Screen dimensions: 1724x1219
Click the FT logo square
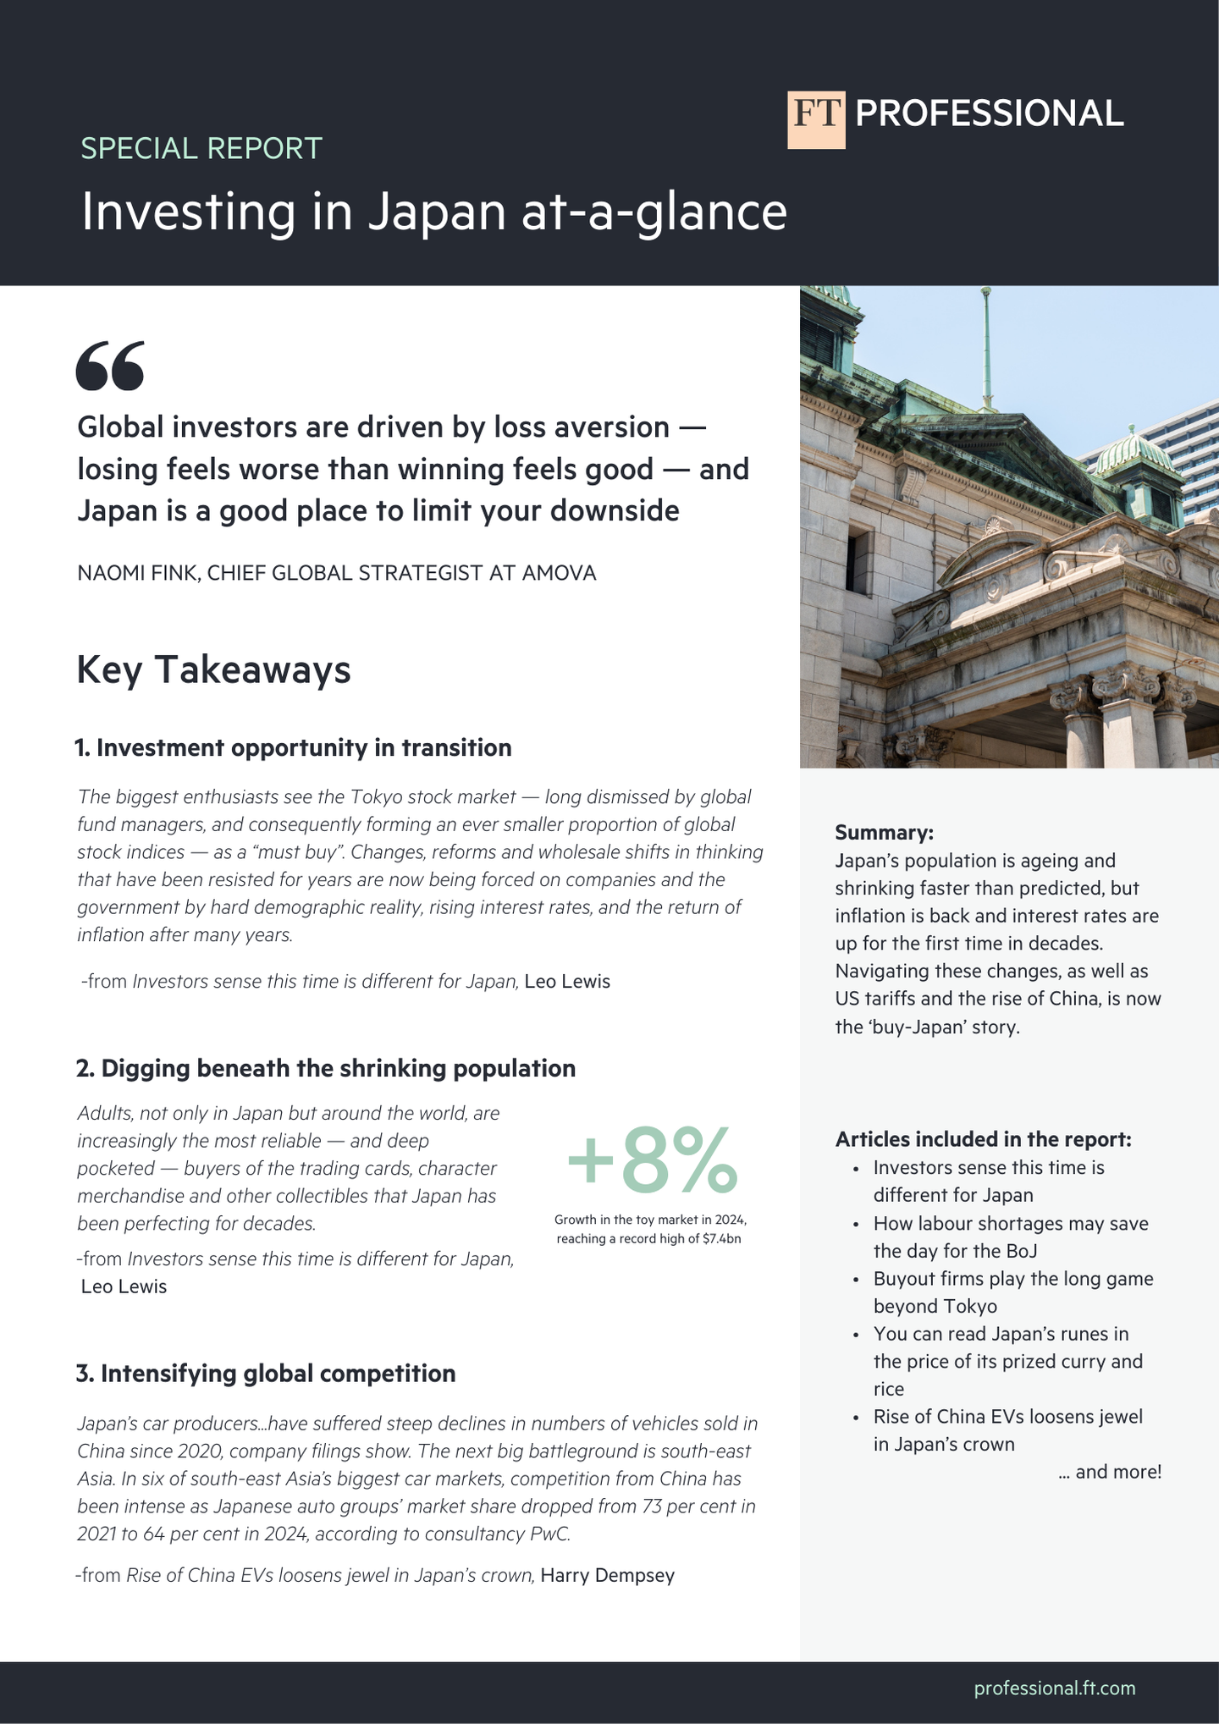click(816, 119)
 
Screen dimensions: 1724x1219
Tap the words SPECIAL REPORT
click(201, 148)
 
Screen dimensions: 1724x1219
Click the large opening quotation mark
click(110, 366)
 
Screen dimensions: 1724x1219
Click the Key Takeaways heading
click(213, 669)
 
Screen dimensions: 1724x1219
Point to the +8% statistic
click(651, 1159)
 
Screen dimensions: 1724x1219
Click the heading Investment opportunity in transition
click(294, 748)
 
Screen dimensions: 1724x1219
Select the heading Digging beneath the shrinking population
click(326, 1068)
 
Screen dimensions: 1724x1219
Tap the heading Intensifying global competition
click(266, 1373)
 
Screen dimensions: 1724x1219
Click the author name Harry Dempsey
click(607, 1575)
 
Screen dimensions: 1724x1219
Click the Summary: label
click(884, 832)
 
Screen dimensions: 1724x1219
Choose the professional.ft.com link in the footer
click(1054, 1688)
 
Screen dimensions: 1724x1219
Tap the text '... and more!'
click(1110, 1471)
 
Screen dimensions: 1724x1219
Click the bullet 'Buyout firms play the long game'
click(1012, 1279)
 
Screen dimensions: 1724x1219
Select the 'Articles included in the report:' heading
click(983, 1139)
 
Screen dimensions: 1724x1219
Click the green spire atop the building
click(985, 347)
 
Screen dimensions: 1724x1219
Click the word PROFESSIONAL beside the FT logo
click(989, 114)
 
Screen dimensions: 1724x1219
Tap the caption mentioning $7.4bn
click(649, 1230)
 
